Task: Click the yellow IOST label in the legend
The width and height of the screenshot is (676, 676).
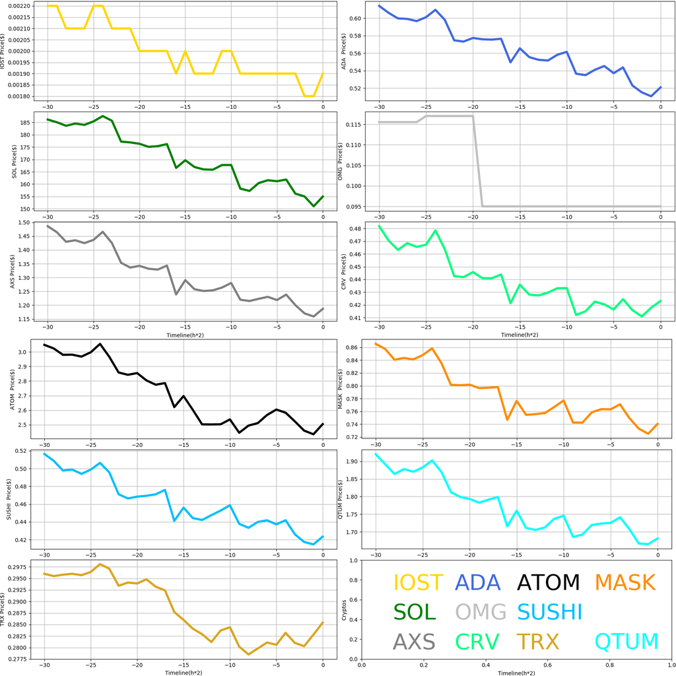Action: [x=418, y=583]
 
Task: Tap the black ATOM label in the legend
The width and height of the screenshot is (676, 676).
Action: [x=548, y=583]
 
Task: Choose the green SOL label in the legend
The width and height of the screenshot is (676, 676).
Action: [x=415, y=612]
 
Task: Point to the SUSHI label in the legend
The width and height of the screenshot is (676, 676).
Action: [x=549, y=612]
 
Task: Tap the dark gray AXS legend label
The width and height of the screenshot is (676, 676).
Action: [x=414, y=641]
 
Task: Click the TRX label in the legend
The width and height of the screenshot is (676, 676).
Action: [x=537, y=641]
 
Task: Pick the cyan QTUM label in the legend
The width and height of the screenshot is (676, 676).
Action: [x=626, y=641]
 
